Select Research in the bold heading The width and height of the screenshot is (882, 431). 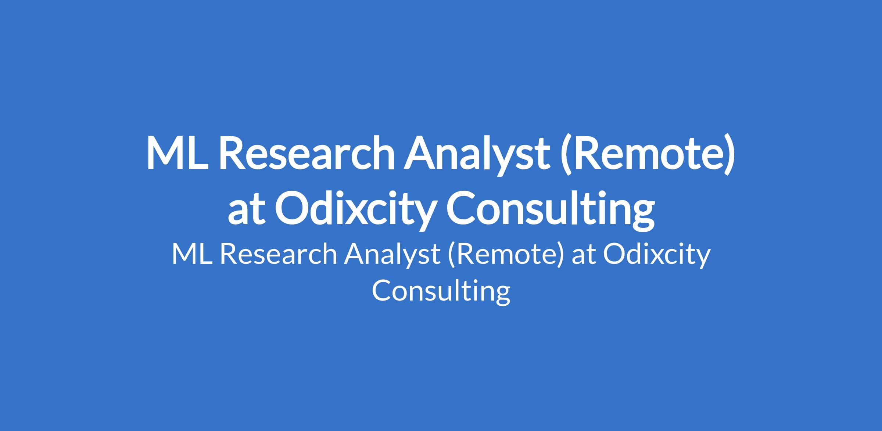(x=307, y=153)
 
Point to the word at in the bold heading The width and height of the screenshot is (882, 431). (x=247, y=210)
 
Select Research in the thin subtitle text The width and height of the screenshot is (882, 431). (x=278, y=254)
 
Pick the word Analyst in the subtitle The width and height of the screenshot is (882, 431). (x=392, y=256)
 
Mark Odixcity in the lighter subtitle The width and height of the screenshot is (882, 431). (x=657, y=256)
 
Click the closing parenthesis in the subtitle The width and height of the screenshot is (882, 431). (x=560, y=256)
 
